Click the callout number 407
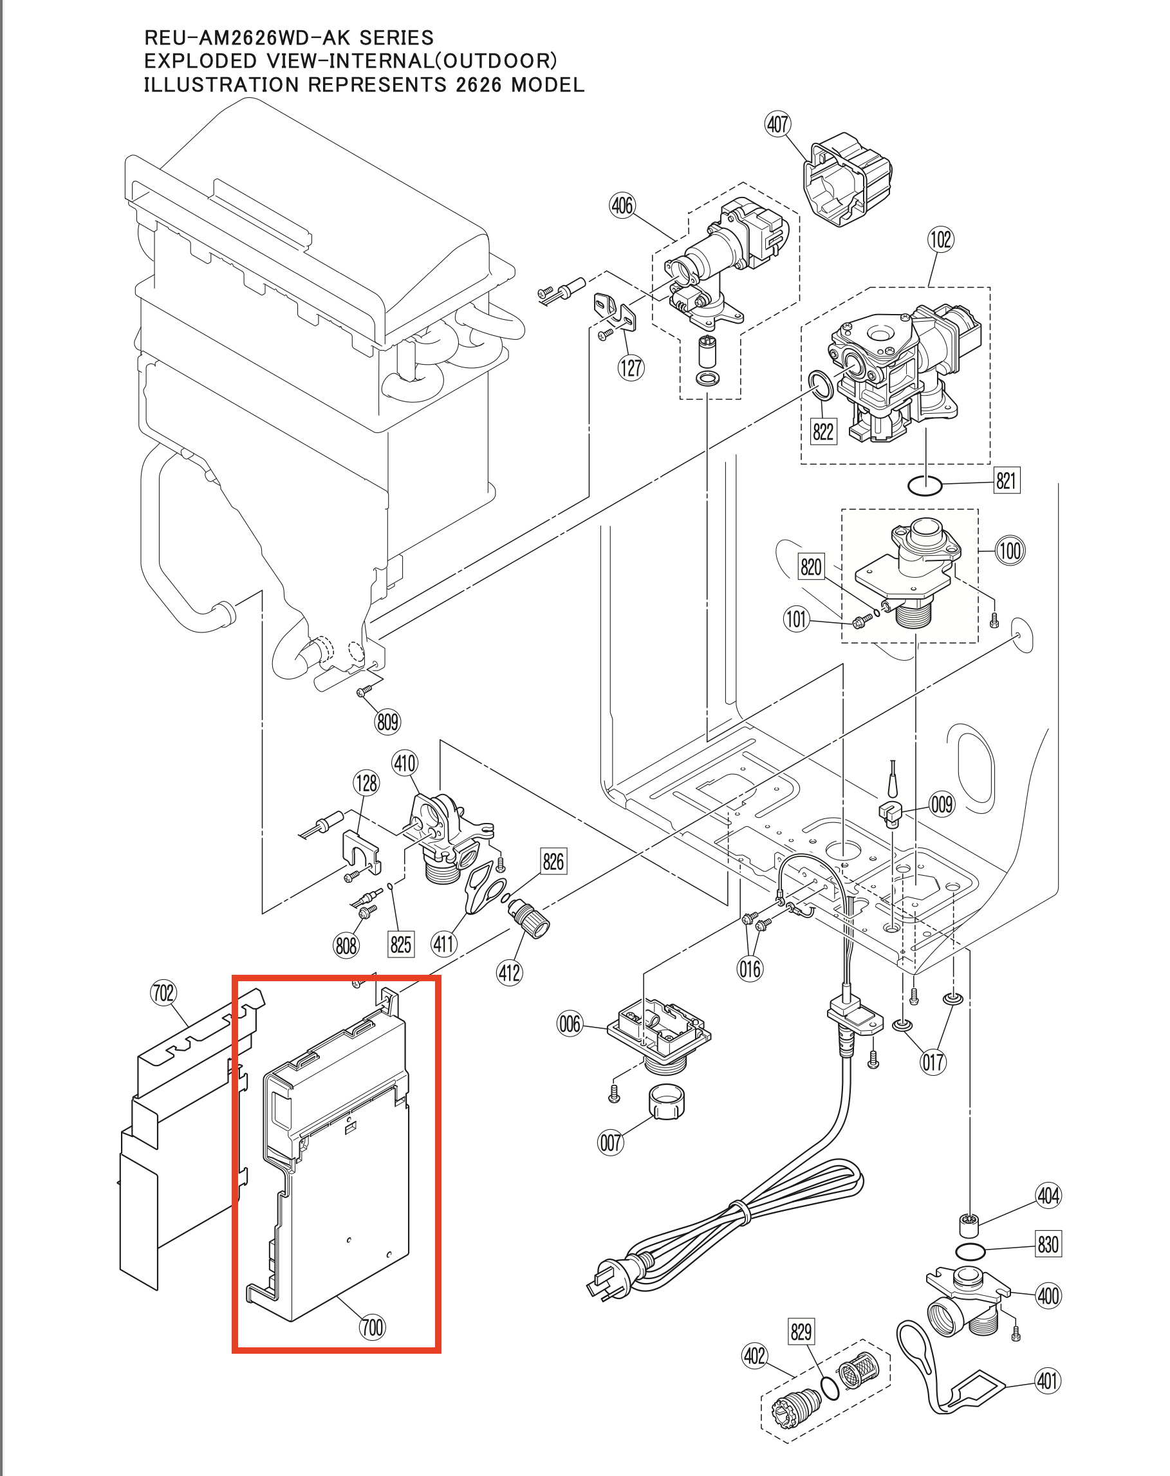point(777,125)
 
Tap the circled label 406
point(622,205)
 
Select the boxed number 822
point(822,431)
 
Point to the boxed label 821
point(1006,481)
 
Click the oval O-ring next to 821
point(924,485)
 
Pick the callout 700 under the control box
point(372,1327)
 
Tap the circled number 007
point(610,1143)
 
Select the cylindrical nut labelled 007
point(665,1101)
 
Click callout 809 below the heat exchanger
point(387,721)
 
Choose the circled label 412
point(508,972)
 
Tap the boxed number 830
point(1048,1244)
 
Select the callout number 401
point(1047,1381)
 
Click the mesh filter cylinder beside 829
point(857,1370)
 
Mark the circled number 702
point(163,993)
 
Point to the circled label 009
point(942,804)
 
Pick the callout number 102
point(940,239)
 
